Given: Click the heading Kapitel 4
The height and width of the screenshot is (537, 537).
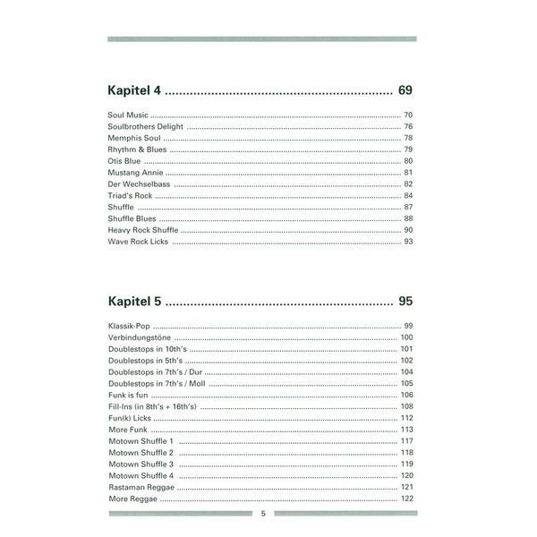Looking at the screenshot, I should (133, 90).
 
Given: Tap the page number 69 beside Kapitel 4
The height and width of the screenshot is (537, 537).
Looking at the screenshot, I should (405, 90).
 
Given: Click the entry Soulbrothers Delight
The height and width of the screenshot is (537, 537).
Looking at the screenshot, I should (145, 127).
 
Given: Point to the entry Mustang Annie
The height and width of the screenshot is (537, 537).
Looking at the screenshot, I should (132, 172).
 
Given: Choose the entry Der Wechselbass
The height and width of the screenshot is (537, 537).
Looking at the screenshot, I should (138, 183).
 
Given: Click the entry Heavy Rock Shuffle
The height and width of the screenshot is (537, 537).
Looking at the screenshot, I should (141, 230).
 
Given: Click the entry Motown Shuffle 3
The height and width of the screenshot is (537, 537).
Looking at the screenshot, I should (141, 465).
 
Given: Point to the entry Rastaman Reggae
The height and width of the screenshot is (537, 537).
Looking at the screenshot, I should (140, 488).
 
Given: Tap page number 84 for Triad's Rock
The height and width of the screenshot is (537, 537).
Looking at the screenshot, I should (407, 195).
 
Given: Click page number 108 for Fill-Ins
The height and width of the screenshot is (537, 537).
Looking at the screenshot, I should (405, 406).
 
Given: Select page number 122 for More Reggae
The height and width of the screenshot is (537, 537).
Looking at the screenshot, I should (405, 499).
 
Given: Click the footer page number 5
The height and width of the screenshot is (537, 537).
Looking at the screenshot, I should (263, 514).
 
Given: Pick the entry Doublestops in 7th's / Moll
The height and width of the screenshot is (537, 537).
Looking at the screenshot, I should (157, 383).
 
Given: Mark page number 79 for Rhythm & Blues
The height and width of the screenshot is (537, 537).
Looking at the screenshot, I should (407, 149).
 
